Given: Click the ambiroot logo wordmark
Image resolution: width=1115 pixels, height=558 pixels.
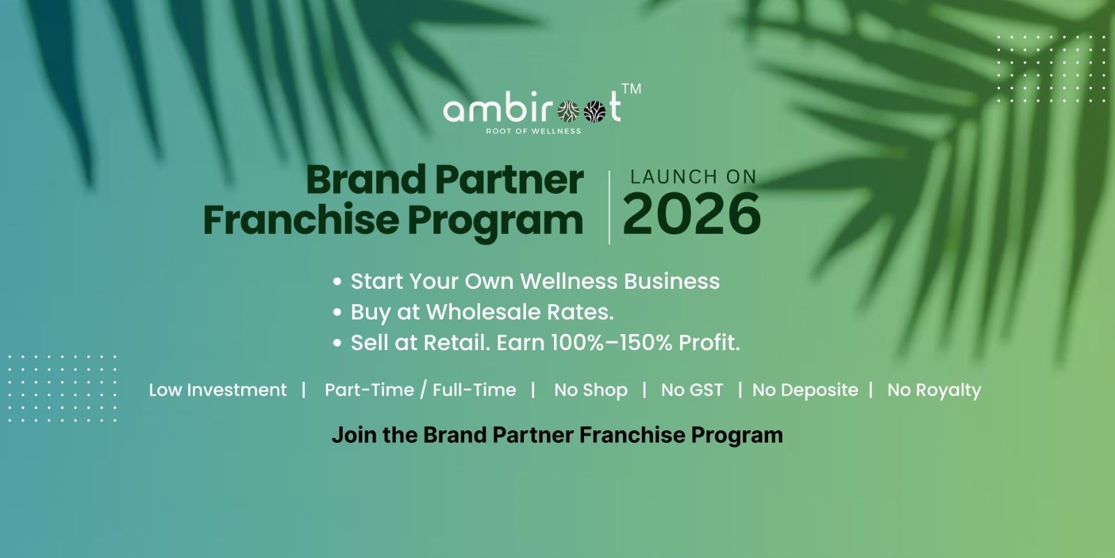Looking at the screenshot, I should [x=532, y=109].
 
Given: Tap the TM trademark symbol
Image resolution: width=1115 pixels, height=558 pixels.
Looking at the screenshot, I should [x=631, y=89].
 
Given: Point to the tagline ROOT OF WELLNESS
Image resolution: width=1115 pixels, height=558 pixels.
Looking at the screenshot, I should [x=533, y=131].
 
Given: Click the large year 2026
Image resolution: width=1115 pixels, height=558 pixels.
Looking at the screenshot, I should [x=691, y=215].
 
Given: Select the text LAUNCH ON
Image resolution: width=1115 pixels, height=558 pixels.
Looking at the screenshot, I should [x=693, y=177].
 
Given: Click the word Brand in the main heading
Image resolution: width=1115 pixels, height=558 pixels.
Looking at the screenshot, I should [x=366, y=180].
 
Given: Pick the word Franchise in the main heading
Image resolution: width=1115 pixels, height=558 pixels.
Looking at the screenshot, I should [x=301, y=220].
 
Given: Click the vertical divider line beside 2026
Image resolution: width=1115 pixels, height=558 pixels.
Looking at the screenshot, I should [x=609, y=207].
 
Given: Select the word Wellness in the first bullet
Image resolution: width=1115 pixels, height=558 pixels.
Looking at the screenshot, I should [x=569, y=281].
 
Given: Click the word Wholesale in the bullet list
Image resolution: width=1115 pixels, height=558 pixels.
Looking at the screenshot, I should [x=484, y=312].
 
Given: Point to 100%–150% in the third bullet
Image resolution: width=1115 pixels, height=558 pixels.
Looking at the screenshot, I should [x=611, y=342].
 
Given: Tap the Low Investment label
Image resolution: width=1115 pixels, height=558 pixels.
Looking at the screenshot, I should [x=217, y=390].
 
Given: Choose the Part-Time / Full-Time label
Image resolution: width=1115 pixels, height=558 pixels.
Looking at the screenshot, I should [x=420, y=390].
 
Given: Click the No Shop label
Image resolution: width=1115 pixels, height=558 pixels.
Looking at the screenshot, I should [x=590, y=390].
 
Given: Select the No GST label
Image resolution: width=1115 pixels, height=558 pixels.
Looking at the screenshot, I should [x=692, y=390].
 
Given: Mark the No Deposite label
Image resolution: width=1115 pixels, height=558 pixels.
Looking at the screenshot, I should [x=805, y=390].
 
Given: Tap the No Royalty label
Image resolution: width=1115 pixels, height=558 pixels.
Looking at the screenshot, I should [x=934, y=391].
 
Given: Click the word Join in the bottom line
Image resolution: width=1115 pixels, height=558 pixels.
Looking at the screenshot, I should [x=354, y=435].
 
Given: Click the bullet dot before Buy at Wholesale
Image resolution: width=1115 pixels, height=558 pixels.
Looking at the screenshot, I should [x=337, y=312].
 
